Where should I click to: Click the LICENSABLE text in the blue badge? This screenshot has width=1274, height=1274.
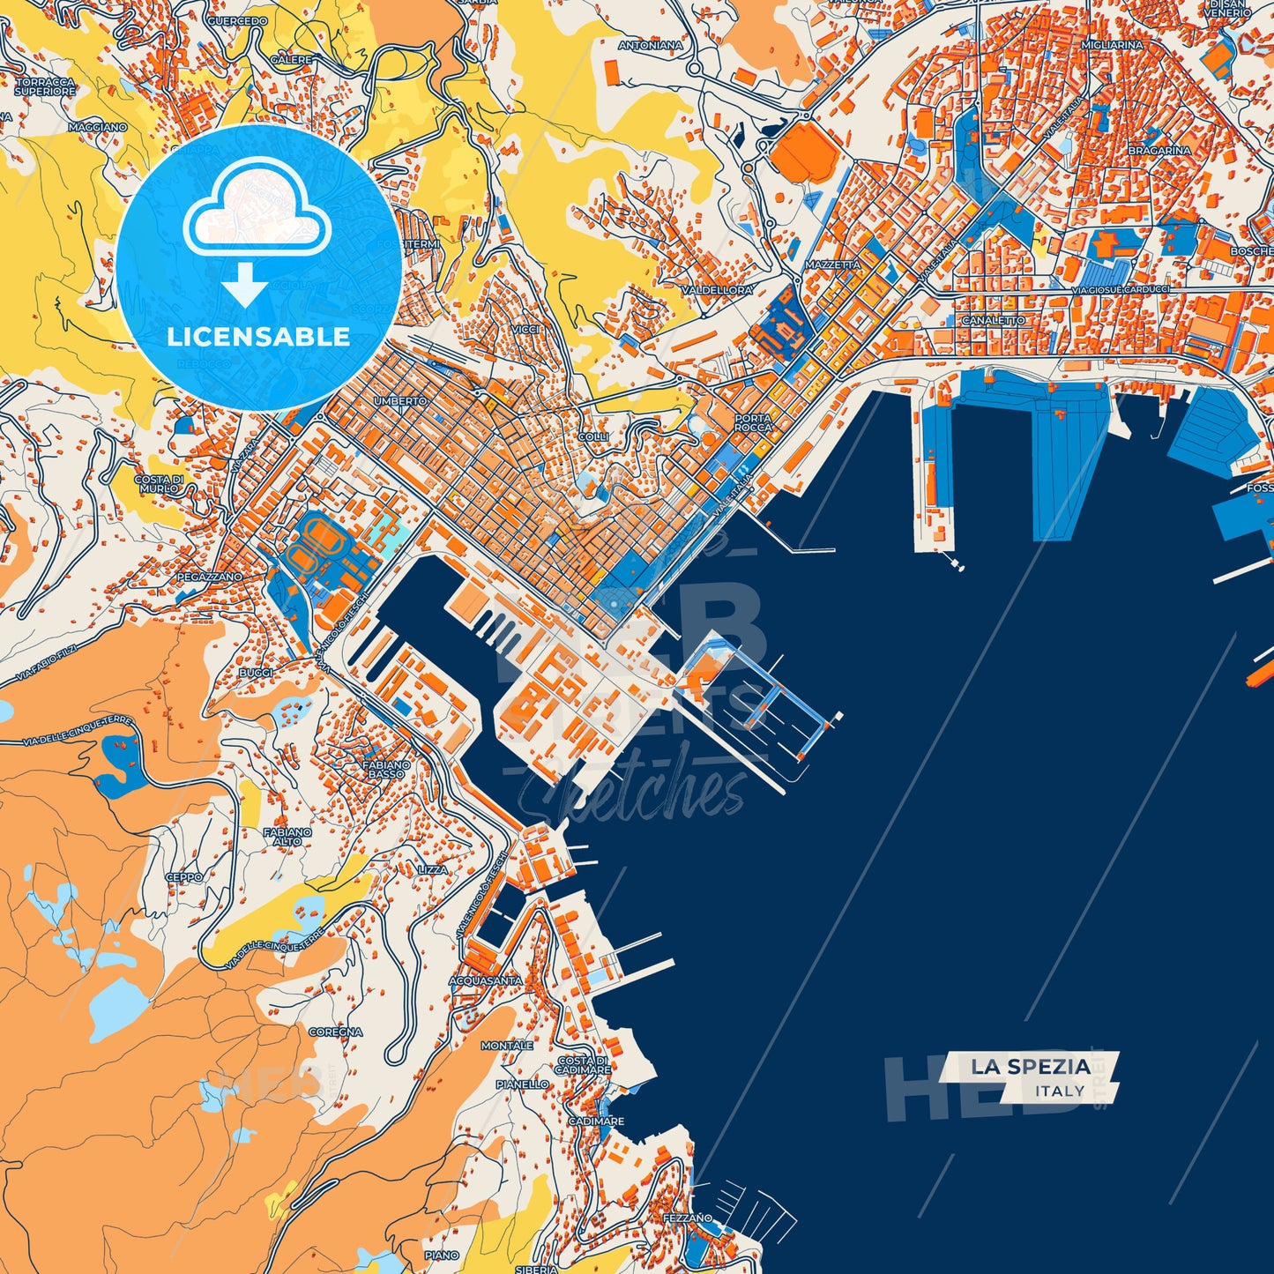[258, 337]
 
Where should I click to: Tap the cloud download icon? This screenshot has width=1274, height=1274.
[257, 232]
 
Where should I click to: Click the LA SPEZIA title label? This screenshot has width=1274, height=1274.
[1031, 1067]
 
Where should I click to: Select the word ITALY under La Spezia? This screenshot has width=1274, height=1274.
[1060, 1091]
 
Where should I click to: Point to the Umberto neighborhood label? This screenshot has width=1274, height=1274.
[400, 401]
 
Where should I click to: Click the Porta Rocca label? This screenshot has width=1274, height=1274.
[753, 423]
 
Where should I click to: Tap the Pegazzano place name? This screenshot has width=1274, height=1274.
[210, 577]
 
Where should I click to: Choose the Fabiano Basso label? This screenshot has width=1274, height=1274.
[386, 770]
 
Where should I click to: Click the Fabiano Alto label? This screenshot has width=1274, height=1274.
[287, 836]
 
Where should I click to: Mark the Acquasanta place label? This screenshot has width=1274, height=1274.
[486, 980]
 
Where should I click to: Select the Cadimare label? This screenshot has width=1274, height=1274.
[596, 1121]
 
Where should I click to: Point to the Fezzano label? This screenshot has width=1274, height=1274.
[688, 1218]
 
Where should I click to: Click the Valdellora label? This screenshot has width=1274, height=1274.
[717, 289]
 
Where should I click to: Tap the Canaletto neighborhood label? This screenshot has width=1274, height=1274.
[993, 321]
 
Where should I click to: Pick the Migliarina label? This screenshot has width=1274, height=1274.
[1112, 45]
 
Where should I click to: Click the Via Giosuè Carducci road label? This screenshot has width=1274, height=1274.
[1121, 289]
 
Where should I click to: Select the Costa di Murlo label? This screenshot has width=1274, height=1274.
[159, 484]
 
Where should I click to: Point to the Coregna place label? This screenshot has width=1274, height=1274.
[335, 1032]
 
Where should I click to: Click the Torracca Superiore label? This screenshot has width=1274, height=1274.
[45, 86]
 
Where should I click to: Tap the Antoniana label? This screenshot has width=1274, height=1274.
[650, 45]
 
